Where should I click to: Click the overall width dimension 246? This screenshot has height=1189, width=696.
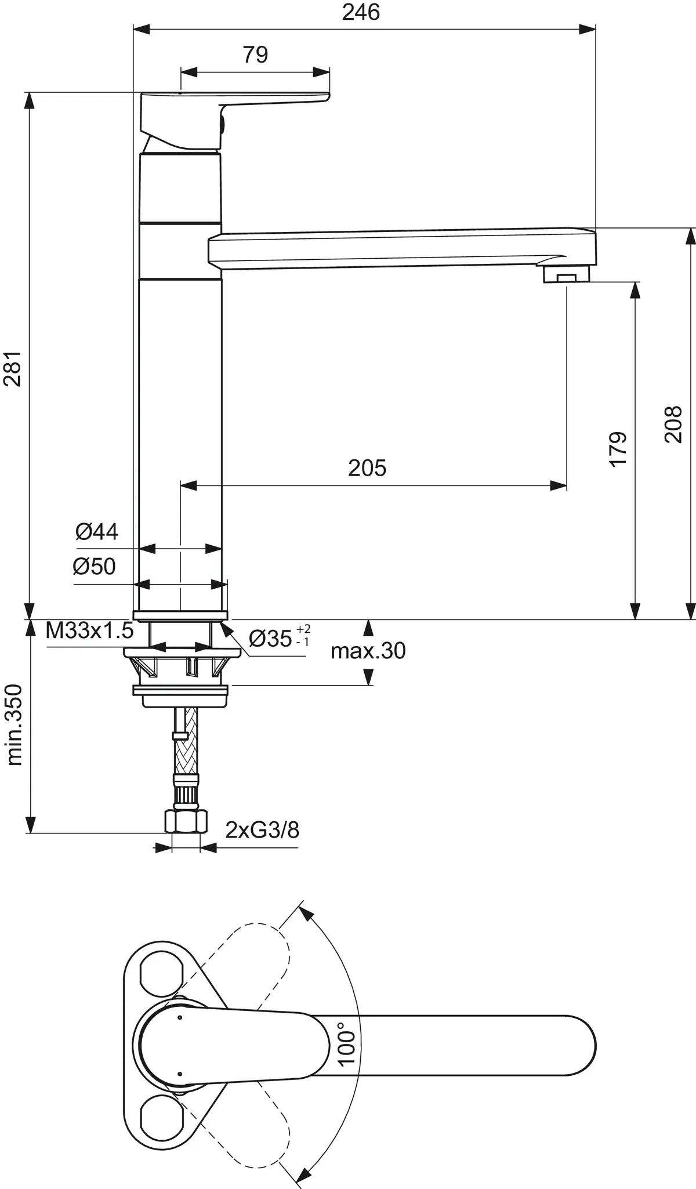click(x=360, y=12)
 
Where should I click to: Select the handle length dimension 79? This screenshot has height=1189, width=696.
click(x=255, y=55)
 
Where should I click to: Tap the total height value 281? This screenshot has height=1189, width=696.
click(x=13, y=368)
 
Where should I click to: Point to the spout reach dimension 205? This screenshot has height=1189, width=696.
click(x=367, y=467)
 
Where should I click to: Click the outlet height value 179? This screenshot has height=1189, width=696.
click(x=619, y=448)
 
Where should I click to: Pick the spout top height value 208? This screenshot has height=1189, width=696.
click(x=673, y=425)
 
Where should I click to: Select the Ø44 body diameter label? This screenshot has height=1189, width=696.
click(x=97, y=531)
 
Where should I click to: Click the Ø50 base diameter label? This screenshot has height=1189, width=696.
click(x=94, y=566)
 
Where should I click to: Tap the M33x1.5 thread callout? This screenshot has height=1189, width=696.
click(x=90, y=630)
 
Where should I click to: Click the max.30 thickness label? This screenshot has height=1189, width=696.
click(x=368, y=651)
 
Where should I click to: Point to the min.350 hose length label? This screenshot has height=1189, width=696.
click(x=14, y=725)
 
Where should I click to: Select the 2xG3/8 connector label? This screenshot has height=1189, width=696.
click(x=262, y=830)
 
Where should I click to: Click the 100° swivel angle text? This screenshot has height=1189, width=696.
click(x=346, y=1044)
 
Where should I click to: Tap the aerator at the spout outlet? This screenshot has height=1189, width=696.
click(x=566, y=276)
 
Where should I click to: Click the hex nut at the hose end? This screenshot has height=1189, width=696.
click(x=186, y=821)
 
